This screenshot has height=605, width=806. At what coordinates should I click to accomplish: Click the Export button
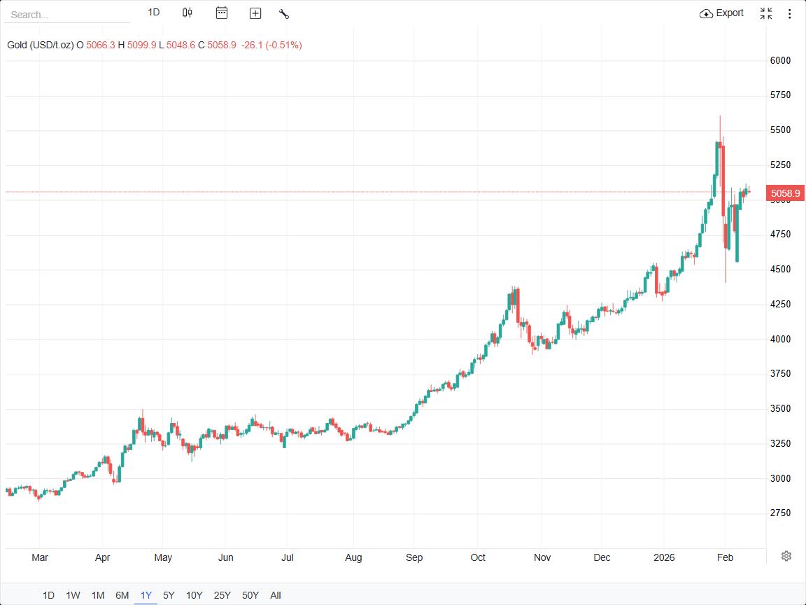coord(722,13)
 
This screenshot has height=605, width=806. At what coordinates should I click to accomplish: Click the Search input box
coord(66,15)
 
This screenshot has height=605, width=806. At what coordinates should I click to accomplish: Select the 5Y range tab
coord(169,595)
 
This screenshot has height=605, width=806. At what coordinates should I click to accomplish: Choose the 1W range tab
coord(73,595)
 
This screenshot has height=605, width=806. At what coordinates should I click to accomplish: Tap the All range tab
coord(276,595)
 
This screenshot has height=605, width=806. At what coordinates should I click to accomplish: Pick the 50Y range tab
coord(250,595)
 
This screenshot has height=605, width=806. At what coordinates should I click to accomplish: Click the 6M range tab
coord(122,595)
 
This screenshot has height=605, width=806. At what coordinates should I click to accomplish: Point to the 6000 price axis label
coord(780,60)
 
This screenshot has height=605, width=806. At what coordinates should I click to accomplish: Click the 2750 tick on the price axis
coord(780,513)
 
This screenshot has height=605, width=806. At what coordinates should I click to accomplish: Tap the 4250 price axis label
coord(780,304)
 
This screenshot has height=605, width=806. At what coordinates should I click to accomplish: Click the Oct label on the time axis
coord(478,557)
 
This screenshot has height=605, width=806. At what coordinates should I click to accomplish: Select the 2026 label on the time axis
coord(663,557)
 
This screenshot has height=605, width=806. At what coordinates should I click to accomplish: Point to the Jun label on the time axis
coord(225,557)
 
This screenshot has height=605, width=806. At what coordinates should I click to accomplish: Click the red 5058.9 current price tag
coord(785,193)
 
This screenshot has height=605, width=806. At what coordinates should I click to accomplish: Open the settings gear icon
coord(786,556)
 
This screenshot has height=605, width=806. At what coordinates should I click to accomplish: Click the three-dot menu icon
coord(790,13)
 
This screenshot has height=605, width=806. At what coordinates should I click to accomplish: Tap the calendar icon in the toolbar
coord(222,13)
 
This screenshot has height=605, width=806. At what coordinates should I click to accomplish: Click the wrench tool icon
coord(283,13)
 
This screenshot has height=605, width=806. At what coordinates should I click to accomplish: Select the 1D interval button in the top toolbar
coord(154,13)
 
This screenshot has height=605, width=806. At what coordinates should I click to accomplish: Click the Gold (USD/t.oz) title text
coord(41,45)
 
